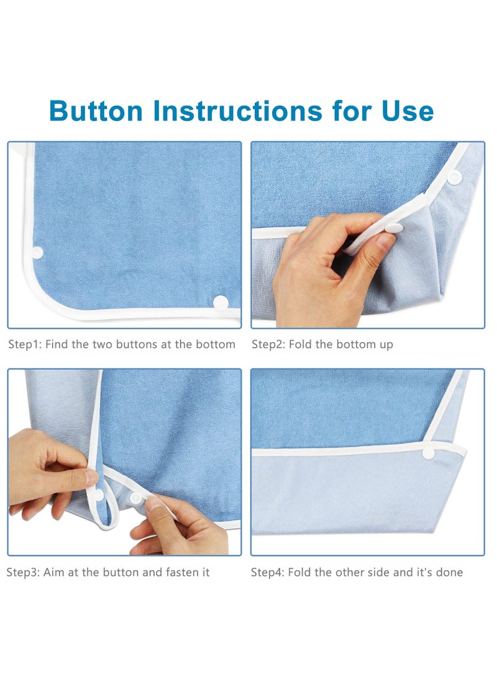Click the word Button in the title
pyautogui.click(x=96, y=111)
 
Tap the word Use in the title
pyautogui.click(x=408, y=111)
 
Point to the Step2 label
pyautogui.click(x=268, y=344)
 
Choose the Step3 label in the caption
pyautogui.click(x=23, y=572)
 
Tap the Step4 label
pyautogui.click(x=268, y=572)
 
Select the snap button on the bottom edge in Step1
pyautogui.click(x=221, y=302)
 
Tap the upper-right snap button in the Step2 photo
pyautogui.click(x=455, y=177)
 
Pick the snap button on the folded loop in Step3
pyautogui.click(x=98, y=495)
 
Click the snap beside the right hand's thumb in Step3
pyautogui.click(x=135, y=498)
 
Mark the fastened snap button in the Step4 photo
pyautogui.click(x=429, y=453)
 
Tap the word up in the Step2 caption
pyautogui.click(x=386, y=344)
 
